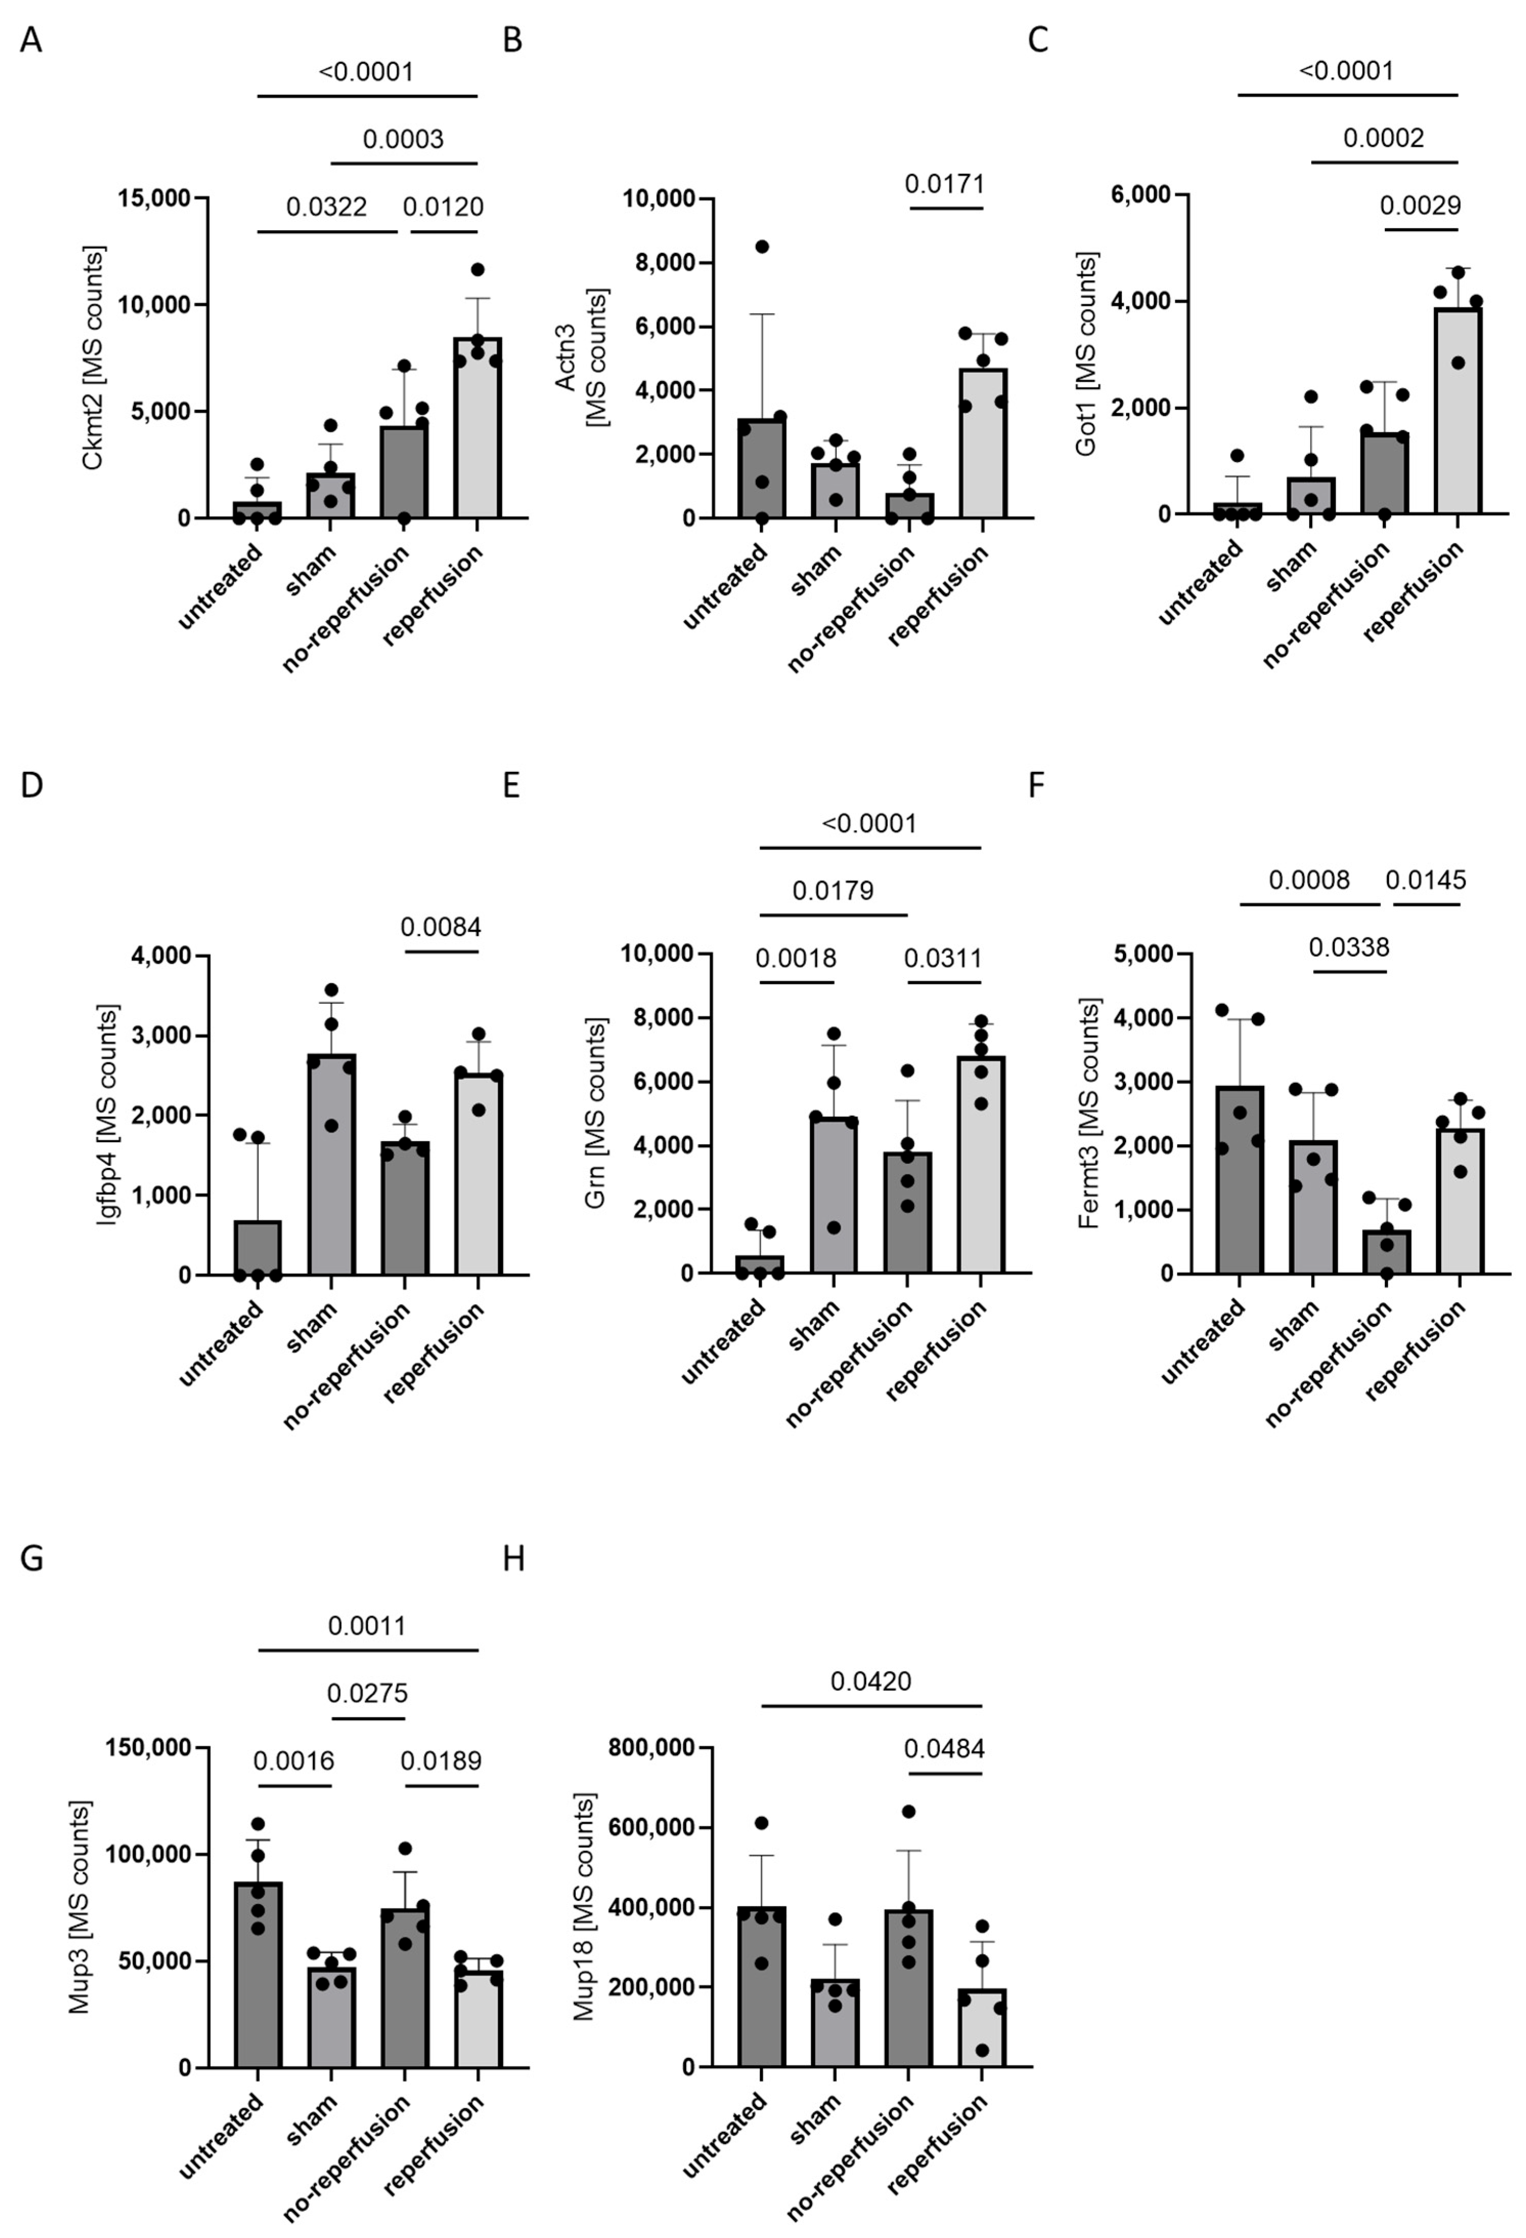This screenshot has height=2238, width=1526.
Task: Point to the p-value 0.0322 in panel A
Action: click(x=326, y=207)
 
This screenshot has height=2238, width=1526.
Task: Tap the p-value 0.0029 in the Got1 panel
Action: click(x=1420, y=205)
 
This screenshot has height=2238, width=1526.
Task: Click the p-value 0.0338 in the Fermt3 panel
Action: click(x=1349, y=947)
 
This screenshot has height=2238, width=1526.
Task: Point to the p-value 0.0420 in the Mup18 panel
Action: click(x=870, y=1681)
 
